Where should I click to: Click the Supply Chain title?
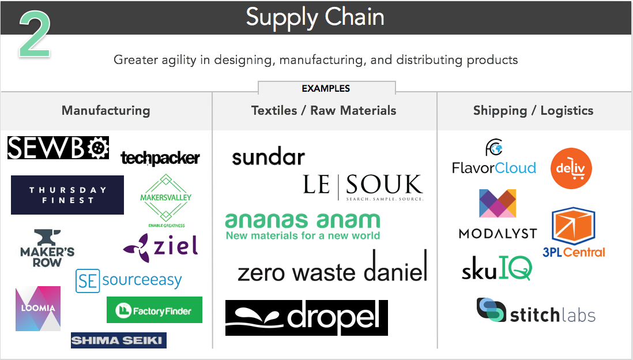[x=315, y=17]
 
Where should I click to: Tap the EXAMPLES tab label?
[x=326, y=89]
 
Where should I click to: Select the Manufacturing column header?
[x=105, y=111]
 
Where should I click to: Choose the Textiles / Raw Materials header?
[x=324, y=111]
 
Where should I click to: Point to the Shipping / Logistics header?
[x=533, y=111]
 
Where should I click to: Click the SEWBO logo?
[x=58, y=148]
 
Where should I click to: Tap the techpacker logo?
[x=160, y=158]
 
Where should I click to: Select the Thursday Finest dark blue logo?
[x=67, y=195]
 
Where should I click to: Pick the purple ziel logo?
[x=161, y=246]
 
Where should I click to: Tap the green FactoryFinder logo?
[x=155, y=310]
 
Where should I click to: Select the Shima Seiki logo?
[x=119, y=340]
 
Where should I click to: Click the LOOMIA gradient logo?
[x=38, y=309]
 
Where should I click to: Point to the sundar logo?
[x=268, y=157]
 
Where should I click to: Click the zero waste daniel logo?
[x=332, y=269]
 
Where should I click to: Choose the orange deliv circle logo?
[x=571, y=168]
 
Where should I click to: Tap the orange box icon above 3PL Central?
[x=574, y=226]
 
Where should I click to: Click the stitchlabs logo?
[x=536, y=312]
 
